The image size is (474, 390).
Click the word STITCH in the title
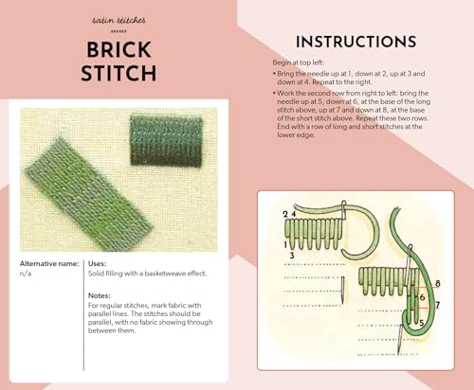[x=118, y=74]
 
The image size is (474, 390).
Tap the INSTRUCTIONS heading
[x=355, y=42]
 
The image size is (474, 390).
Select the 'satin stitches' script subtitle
[x=118, y=19]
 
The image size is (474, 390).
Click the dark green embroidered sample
[x=166, y=140]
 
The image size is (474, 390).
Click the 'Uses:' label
[x=98, y=262]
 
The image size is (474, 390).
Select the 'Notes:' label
[x=100, y=294]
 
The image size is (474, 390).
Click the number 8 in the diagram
[x=437, y=283]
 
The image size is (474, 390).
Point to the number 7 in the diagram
[x=437, y=305]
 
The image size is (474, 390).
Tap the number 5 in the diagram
[x=421, y=323]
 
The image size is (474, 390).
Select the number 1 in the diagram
[x=285, y=244]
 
